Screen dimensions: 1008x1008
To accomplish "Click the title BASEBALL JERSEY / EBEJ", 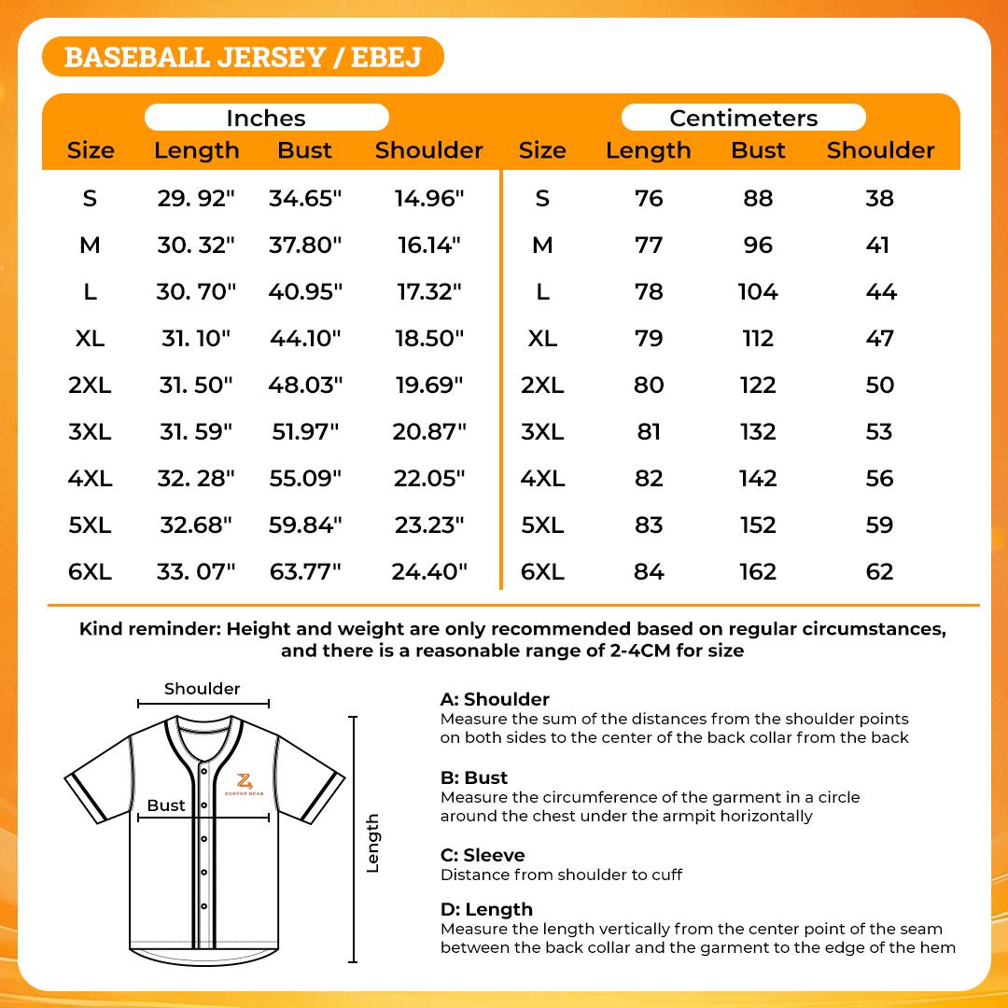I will (243, 57).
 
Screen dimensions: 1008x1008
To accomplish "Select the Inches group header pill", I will (266, 118).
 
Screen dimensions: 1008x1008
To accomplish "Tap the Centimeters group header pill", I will (743, 118).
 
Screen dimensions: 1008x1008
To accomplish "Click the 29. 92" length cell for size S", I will (196, 198).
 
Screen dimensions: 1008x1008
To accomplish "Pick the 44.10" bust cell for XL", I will (305, 338).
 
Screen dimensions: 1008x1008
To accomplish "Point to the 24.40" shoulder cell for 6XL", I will (429, 571).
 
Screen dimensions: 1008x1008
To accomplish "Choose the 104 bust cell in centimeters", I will (758, 291).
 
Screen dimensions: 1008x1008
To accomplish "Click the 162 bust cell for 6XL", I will (758, 571).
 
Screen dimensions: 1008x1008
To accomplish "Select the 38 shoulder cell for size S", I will (880, 198).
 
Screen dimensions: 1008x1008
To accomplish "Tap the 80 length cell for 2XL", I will (649, 385).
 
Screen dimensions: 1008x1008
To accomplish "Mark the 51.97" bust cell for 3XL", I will (305, 431).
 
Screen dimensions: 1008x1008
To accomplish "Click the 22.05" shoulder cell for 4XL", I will (429, 478).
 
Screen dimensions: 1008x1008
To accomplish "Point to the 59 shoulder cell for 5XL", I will (880, 525).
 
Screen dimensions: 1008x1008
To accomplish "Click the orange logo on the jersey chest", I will (245, 782).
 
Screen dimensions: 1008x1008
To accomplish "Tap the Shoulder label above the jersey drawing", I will (203, 689).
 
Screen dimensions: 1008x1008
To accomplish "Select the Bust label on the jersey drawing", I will (166, 805).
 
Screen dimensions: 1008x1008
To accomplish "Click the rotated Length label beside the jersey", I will (372, 843).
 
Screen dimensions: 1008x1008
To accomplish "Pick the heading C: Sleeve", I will (483, 855).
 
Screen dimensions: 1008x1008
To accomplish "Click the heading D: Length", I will (486, 909).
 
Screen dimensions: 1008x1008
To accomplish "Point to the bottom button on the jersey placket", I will (203, 906).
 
